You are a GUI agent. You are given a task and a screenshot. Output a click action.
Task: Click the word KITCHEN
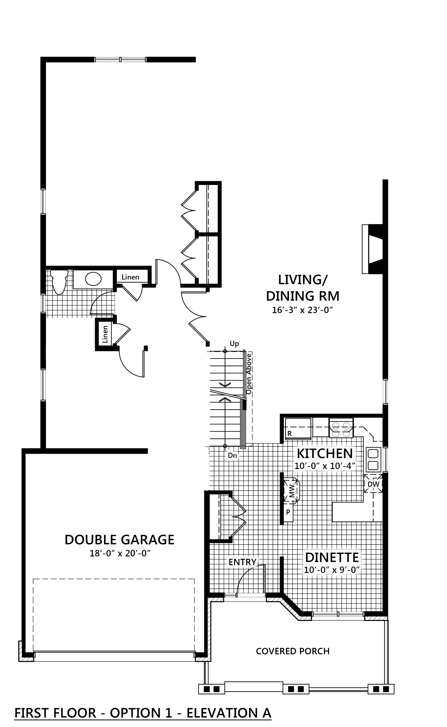click(325, 453)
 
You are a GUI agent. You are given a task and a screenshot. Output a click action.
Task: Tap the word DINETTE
click(332, 557)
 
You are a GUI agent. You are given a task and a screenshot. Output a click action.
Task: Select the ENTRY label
click(242, 562)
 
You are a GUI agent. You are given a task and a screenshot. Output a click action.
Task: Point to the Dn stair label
click(232, 456)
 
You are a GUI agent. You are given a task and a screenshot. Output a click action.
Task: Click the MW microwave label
click(292, 491)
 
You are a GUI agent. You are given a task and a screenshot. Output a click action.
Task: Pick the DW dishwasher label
click(373, 484)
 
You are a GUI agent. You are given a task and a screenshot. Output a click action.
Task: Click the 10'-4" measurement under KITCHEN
click(343, 466)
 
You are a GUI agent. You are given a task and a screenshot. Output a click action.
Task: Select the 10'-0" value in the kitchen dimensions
click(307, 466)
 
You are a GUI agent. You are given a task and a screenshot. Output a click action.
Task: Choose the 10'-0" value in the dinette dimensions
click(316, 570)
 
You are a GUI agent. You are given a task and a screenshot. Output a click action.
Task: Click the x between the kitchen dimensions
click(325, 467)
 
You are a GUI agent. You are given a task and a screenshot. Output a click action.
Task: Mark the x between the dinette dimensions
click(334, 571)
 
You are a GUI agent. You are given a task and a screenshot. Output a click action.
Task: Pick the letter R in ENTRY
click(248, 562)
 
